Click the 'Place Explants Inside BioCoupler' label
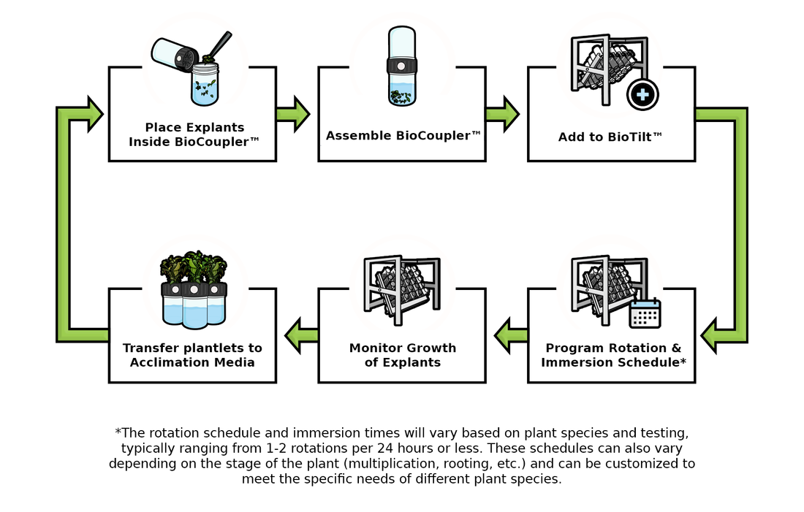(192, 135)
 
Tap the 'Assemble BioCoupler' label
(403, 136)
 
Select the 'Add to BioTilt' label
(610, 137)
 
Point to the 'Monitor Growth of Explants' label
(403, 356)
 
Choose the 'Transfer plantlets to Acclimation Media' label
(192, 356)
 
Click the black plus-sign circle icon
(642, 95)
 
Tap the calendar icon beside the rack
(645, 313)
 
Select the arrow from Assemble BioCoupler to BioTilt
(503, 114)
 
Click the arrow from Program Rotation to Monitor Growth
(510, 335)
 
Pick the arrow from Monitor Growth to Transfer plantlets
(300, 335)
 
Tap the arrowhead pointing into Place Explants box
(93, 114)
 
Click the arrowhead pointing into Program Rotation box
(716, 335)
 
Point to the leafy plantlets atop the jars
(193, 267)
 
